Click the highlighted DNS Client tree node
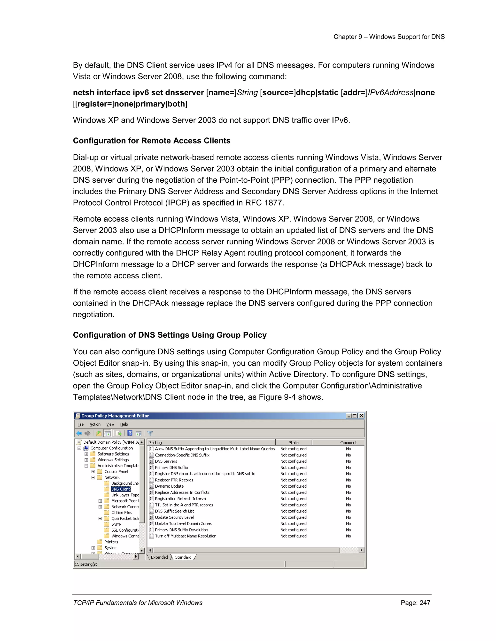tap(120, 489)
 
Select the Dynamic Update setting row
tap(169, 486)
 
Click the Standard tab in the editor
tap(183, 557)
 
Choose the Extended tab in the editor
tap(159, 557)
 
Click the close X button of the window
tap(361, 416)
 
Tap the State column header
tap(293, 442)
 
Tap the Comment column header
tap(348, 442)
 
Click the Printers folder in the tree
tap(111, 542)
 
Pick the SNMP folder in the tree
tap(116, 524)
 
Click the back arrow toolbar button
tap(79, 433)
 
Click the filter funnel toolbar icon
tap(150, 433)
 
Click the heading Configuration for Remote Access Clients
tap(152, 141)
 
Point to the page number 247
tap(425, 603)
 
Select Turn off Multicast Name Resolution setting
tap(186, 536)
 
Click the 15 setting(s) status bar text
tap(86, 564)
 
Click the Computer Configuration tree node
tap(111, 448)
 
